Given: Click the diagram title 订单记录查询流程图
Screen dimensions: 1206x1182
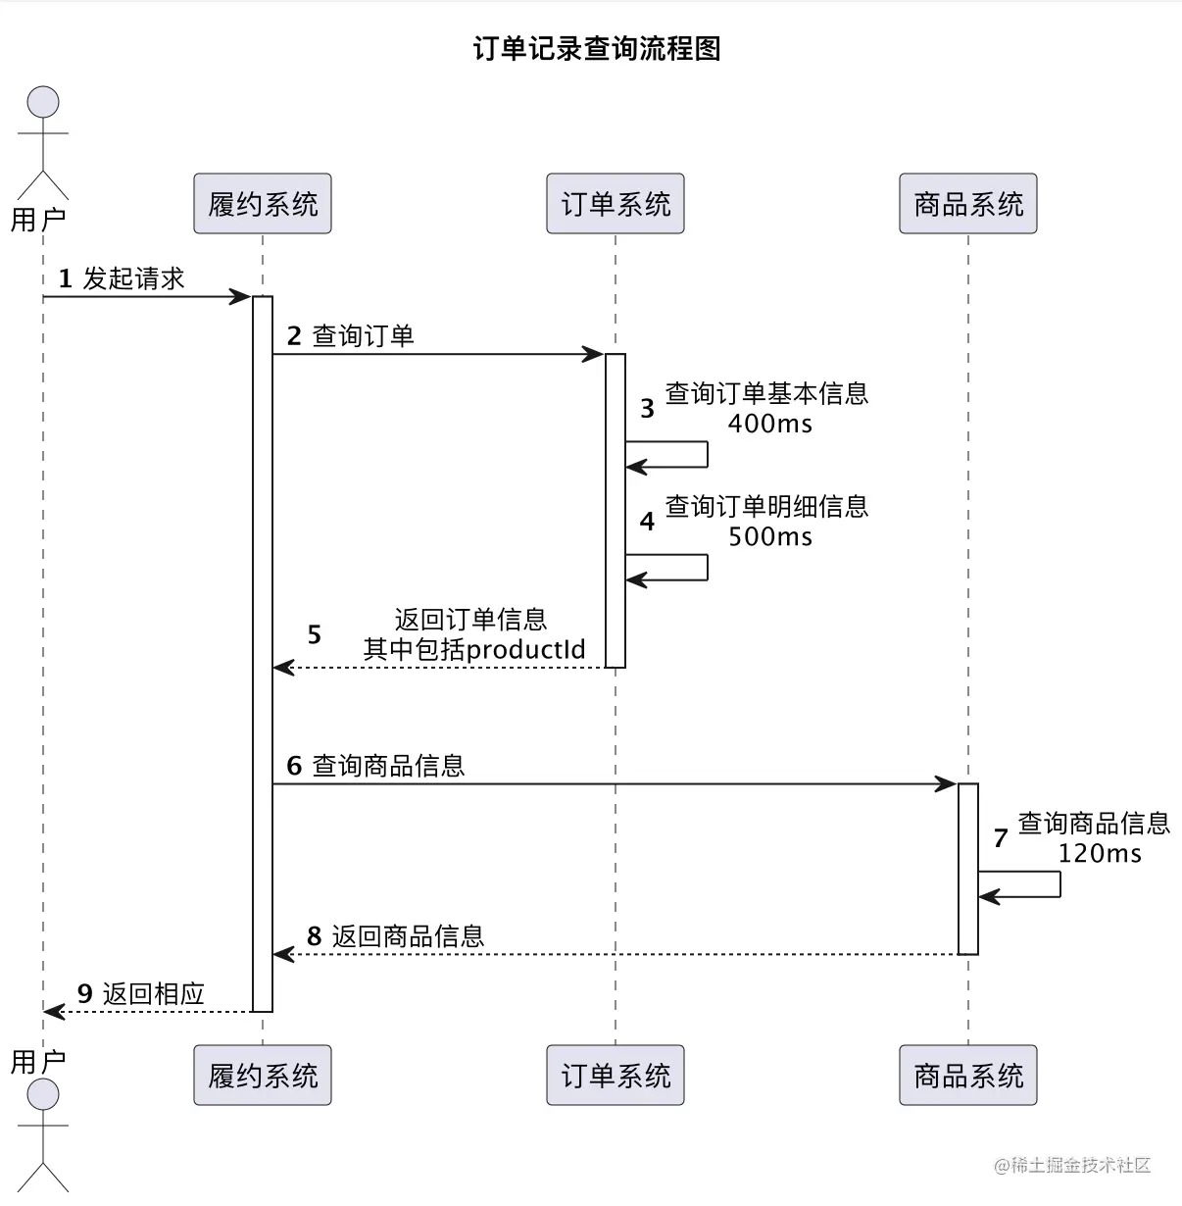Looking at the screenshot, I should point(597,49).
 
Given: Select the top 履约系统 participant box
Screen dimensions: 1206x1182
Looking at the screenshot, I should point(263,204).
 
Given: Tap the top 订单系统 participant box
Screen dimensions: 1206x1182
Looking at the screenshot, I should point(616,204).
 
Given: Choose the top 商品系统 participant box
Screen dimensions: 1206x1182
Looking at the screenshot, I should point(968,204).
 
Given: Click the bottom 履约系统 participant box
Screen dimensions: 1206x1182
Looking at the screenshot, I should point(263,1076).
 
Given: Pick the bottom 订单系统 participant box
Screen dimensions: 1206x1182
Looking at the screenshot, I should point(616,1076).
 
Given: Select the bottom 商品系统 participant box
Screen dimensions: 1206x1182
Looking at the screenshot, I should point(968,1076).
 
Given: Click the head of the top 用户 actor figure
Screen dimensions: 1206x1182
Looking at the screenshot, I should point(43,102).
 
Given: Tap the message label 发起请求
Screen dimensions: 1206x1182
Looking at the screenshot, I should point(133,279).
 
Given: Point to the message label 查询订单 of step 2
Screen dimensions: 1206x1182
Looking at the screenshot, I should point(363,336).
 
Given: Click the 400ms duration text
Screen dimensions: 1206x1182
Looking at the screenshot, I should point(769,424).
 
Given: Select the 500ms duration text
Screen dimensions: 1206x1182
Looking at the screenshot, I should point(769,536).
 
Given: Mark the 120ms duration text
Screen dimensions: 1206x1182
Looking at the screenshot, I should point(1100,853).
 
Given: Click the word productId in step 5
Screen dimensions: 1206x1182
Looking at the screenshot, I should point(525,649).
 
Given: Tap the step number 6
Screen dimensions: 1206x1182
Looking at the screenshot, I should point(294,766).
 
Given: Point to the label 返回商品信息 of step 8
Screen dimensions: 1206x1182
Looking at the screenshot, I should point(408,936).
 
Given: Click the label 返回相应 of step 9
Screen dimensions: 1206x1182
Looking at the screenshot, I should point(154,994).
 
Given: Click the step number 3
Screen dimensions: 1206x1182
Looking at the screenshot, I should point(647,409).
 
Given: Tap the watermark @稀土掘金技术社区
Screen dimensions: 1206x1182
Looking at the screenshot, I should point(1072,1165).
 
